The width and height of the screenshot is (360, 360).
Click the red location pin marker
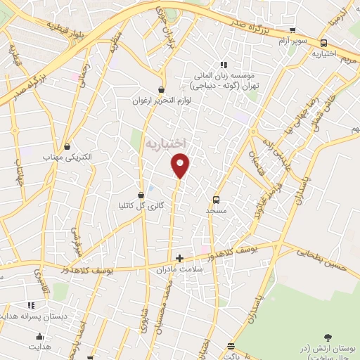pyautogui.click(x=181, y=165)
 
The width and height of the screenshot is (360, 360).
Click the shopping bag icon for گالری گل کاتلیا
pyautogui.click(x=141, y=195)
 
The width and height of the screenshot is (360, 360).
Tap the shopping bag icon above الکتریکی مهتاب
pyautogui.click(x=67, y=147)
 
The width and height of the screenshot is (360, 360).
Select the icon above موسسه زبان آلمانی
pyautogui.click(x=223, y=65)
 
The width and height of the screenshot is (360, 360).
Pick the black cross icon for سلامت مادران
pyautogui.click(x=179, y=258)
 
